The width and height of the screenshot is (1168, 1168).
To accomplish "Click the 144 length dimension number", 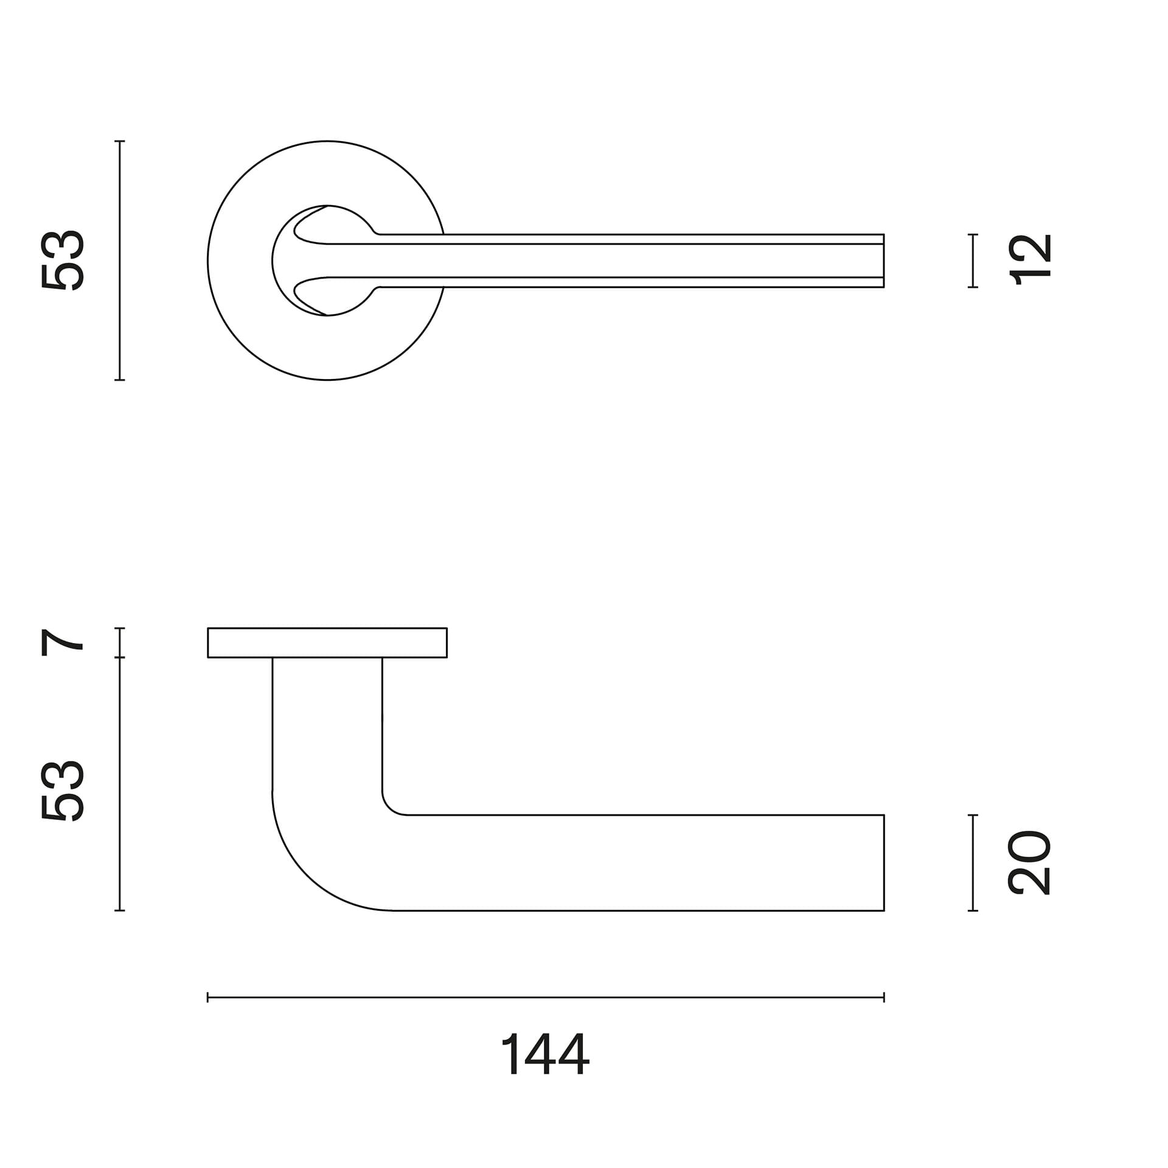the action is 544,1054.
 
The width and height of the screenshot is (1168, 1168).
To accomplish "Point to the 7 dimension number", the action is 61,643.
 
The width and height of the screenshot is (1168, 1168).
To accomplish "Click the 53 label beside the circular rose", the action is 61,260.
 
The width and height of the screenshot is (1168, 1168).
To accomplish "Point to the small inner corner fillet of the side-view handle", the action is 389,807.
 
